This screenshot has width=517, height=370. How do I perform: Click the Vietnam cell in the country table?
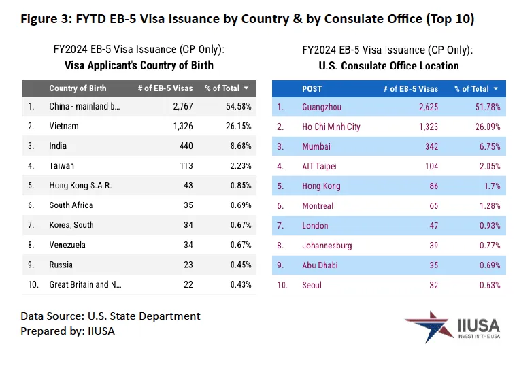(64, 127)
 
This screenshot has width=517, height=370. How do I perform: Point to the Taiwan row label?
(62, 165)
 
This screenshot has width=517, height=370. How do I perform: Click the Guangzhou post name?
(321, 107)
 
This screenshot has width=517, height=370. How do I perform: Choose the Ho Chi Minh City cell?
(331, 127)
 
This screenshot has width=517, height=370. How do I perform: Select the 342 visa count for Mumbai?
(430, 146)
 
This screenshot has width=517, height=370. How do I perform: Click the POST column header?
(312, 88)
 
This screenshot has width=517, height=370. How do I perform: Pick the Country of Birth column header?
(78, 88)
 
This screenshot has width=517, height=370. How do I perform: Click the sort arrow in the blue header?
(497, 88)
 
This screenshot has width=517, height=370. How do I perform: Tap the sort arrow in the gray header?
(246, 88)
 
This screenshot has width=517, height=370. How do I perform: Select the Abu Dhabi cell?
(320, 265)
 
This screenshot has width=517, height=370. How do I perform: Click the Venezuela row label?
(67, 245)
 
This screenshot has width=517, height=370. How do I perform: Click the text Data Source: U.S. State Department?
(110, 316)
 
